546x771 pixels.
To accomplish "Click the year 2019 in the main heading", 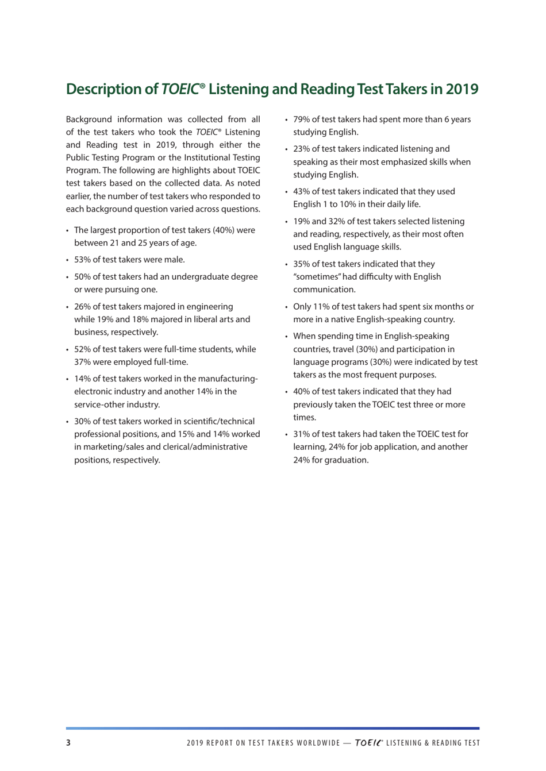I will click(462, 89).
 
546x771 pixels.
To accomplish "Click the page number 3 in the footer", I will click(68, 743).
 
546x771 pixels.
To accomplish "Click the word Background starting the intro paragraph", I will click(89, 119).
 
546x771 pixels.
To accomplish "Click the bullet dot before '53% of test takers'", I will click(68, 260).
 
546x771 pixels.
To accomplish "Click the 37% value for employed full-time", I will click(83, 362).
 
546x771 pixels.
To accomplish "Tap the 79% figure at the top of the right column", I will click(302, 119).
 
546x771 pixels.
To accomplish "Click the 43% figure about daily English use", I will click(302, 191).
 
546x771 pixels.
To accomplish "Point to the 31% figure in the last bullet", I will click(302, 434).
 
